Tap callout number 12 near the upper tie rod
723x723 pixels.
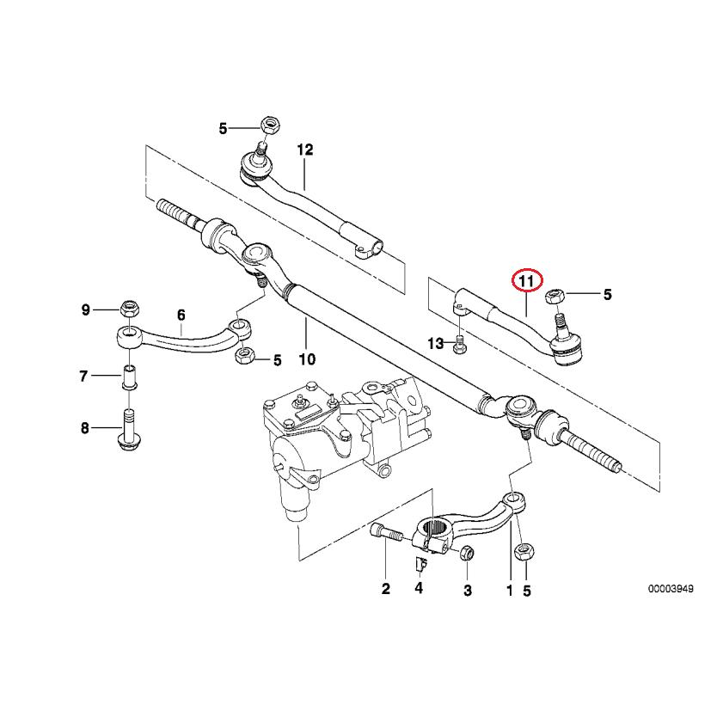pos(305,150)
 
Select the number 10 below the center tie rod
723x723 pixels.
pos(307,358)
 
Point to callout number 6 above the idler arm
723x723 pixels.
pos(181,316)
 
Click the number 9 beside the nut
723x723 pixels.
pos(85,309)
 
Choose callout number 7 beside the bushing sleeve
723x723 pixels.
pos(84,376)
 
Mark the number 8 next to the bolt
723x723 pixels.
pos(84,428)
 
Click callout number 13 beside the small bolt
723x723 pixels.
pos(436,344)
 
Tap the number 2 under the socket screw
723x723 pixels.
pos(385,590)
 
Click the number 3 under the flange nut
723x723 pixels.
pos(468,591)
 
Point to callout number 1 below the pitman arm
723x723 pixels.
pos(509,591)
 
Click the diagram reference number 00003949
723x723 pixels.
pos(671,591)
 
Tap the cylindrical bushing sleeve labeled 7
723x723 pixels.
pos(129,377)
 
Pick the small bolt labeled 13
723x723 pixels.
pos(458,345)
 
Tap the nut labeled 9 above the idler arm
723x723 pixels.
pos(130,307)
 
